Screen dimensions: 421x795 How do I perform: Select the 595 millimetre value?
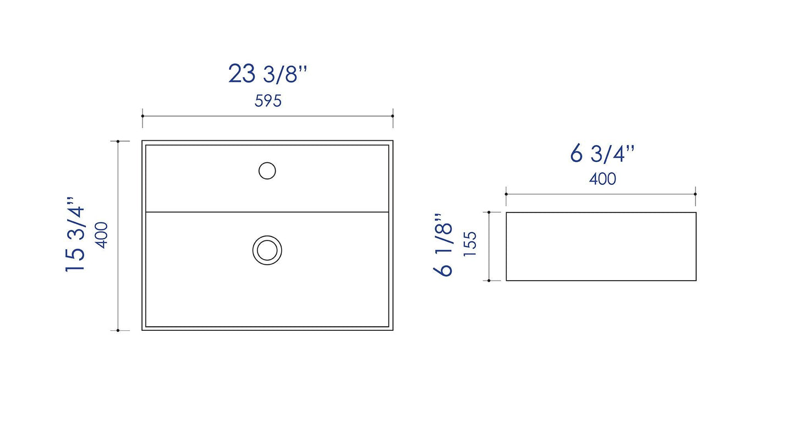tap(268, 101)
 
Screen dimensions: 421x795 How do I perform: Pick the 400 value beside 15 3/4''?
tap(102, 235)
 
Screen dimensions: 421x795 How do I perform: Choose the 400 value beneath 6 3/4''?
tap(602, 179)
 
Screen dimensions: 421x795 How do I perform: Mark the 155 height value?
tap(470, 245)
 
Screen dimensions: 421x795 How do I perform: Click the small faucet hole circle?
tap(267, 171)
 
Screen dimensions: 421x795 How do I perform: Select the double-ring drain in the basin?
tap(267, 250)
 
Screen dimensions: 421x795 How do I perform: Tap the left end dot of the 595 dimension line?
tap(142, 116)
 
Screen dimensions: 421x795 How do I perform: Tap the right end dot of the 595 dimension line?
tap(393, 116)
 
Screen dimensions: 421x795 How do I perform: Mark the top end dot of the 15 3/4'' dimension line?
tap(118, 141)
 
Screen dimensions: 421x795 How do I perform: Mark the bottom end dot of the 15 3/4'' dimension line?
tap(118, 330)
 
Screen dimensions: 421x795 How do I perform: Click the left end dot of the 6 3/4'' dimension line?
tap(506, 194)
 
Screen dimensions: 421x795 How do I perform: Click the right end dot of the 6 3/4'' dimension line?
tap(695, 194)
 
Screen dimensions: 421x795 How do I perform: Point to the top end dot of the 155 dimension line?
tap(489, 212)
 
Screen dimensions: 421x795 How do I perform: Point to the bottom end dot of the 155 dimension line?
tap(489, 280)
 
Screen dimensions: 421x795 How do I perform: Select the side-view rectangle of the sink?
tap(601, 247)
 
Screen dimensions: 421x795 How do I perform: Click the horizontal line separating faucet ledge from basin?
tap(330, 212)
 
